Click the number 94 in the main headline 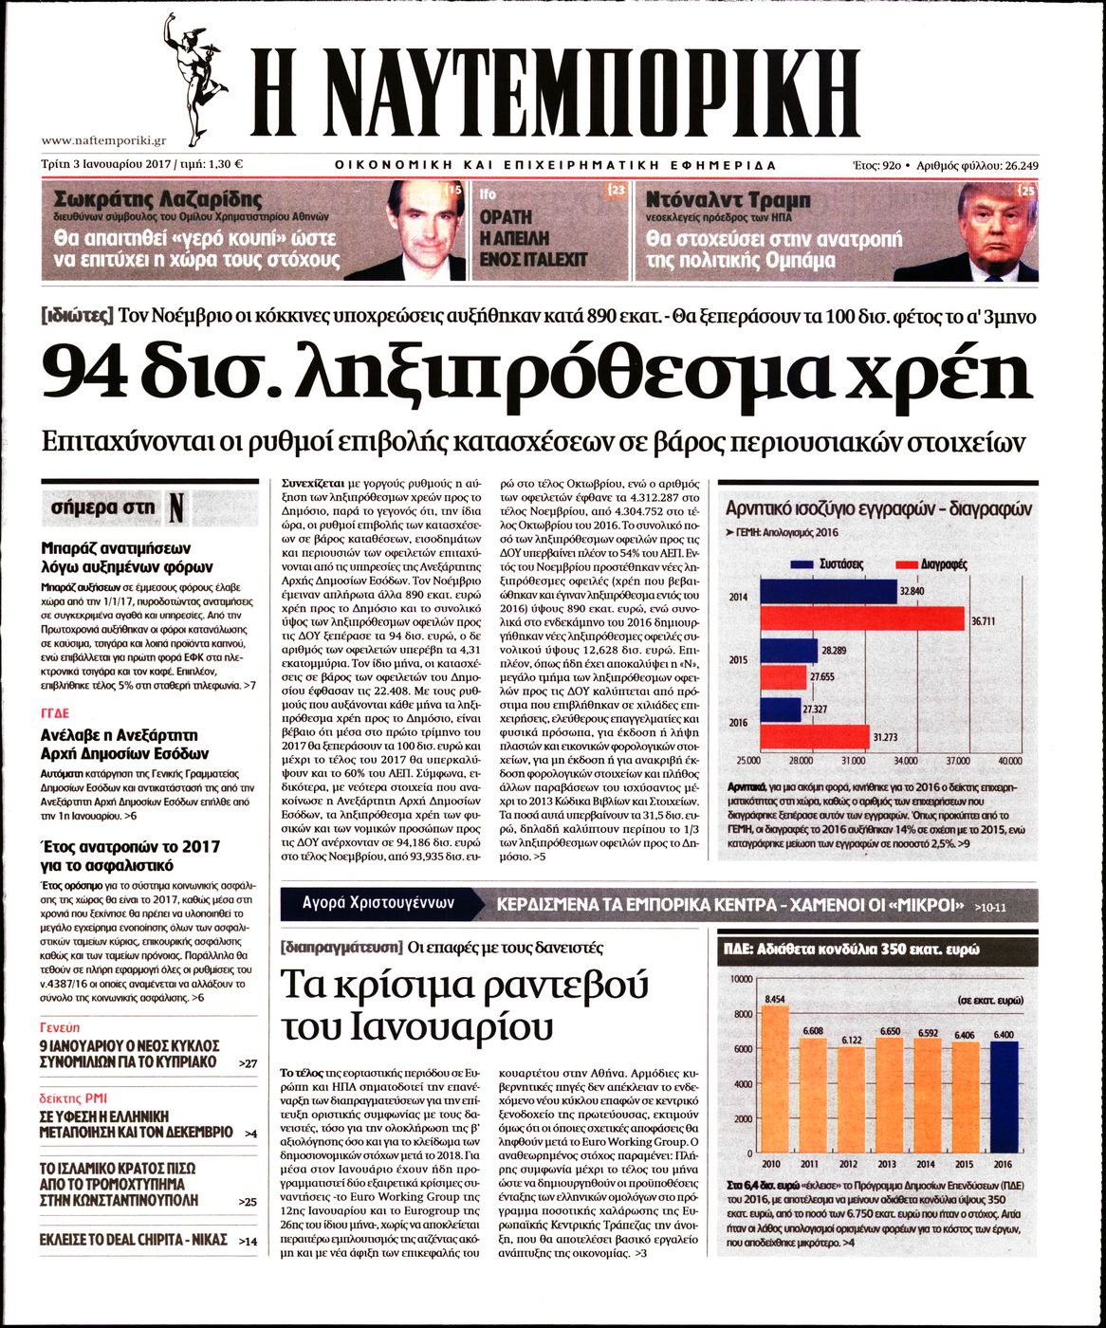coord(84,371)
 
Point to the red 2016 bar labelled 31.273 coord(815,737)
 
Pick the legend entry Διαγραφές coord(944,564)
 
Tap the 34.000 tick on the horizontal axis coord(905,761)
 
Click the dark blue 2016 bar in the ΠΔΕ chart coord(1004,1096)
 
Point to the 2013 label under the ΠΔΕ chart coord(886,1164)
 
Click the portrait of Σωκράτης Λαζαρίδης coord(417,228)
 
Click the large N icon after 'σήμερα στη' coord(176,508)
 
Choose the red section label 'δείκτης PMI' coord(72,1097)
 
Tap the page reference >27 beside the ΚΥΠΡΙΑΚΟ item coord(248,1063)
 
